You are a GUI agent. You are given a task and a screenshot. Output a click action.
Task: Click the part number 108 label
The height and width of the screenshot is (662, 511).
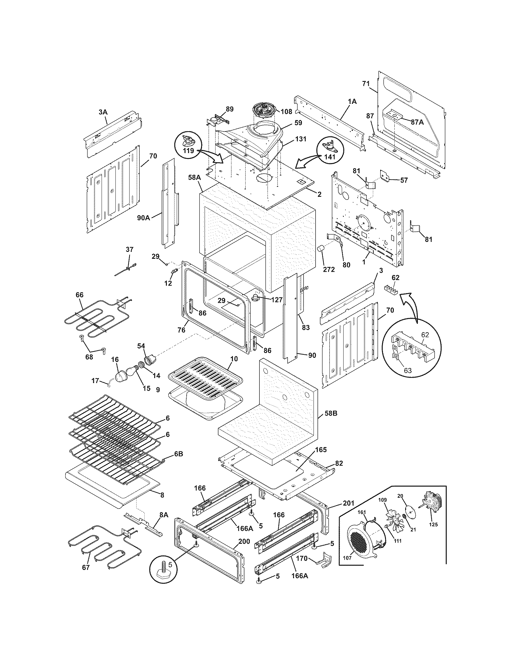(286, 111)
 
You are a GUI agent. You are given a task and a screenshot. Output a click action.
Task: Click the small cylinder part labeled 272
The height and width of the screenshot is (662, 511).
(320, 252)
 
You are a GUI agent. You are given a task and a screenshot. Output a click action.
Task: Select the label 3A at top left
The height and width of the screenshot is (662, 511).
(103, 112)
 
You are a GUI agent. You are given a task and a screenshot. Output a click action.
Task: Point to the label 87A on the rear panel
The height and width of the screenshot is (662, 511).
(417, 122)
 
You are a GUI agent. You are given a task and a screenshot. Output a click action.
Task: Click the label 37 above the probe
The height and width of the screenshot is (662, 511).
(129, 249)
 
